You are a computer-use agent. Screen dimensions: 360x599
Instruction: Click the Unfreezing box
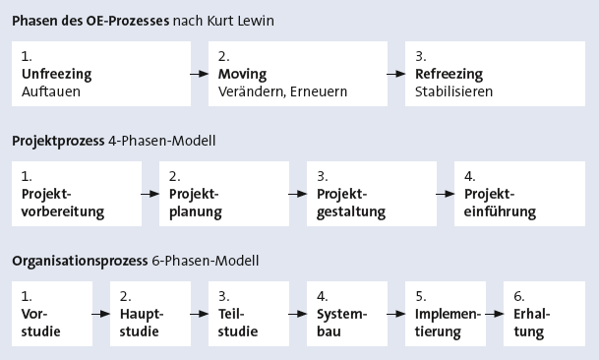click(x=101, y=74)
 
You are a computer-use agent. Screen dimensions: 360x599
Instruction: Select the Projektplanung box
click(x=223, y=194)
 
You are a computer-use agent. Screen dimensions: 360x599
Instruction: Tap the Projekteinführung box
click(x=519, y=194)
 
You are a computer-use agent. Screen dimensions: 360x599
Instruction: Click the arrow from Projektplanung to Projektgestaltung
click(x=297, y=195)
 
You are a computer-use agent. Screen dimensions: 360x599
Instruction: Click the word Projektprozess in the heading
click(x=55, y=141)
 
